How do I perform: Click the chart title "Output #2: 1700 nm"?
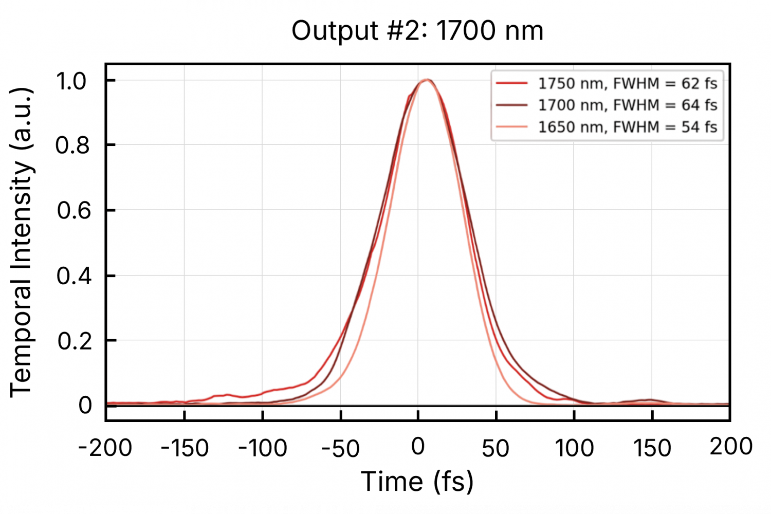[417, 31]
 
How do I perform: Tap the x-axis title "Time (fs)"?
[417, 482]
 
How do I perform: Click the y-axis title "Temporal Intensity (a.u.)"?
[22, 242]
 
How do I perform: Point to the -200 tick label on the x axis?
[105, 448]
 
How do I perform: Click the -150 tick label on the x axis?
[185, 448]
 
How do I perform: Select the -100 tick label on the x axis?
[263, 448]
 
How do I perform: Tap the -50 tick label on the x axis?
[340, 448]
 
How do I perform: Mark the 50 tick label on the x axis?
[495, 448]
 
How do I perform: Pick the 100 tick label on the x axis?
[574, 448]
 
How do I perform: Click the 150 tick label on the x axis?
[652, 448]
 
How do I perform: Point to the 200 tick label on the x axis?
[731, 447]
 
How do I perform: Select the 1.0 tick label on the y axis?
[71, 81]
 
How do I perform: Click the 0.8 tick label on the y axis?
[71, 145]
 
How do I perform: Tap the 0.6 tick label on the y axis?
[71, 211]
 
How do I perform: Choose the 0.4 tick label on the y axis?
[71, 276]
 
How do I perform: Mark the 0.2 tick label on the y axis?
[71, 341]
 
